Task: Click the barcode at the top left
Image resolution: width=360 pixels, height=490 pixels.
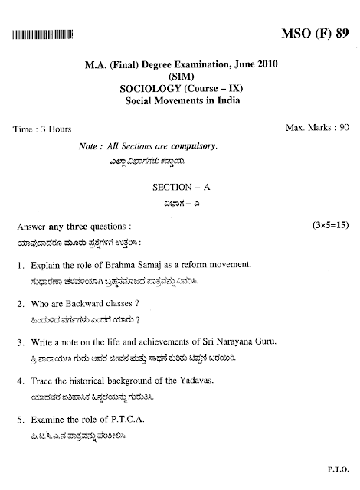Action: click(x=43, y=35)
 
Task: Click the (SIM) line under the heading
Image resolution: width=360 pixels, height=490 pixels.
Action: click(x=179, y=77)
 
